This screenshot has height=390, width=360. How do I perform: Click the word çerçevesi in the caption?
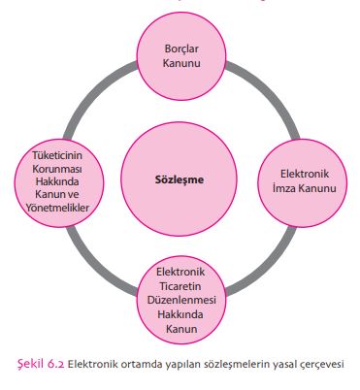click(319, 365)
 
